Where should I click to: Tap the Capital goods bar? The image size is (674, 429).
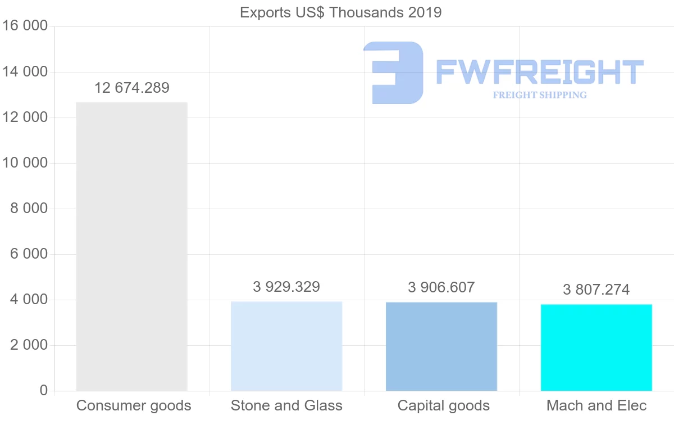pos(441,346)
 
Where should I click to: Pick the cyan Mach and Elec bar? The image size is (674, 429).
pos(596,347)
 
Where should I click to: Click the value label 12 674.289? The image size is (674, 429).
pos(132,88)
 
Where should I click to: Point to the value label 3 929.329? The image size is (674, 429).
pos(286,287)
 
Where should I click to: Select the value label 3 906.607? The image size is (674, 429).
pos(441,287)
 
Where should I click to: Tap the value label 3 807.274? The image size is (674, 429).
pos(596,290)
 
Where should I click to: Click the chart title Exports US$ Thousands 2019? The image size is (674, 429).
pos(341,12)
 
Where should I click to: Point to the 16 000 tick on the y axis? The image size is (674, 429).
pos(25,26)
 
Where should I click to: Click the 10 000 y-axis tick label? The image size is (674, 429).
pos(25,163)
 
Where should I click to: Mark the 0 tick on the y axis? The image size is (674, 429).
pos(44,391)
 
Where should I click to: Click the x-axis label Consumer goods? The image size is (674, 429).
pos(134,405)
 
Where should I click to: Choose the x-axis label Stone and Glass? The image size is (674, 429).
pos(286,405)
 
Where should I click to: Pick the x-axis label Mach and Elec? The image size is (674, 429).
pos(596,405)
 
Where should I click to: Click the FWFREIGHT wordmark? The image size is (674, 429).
pos(539,72)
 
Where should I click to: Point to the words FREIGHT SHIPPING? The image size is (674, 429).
pos(540,95)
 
